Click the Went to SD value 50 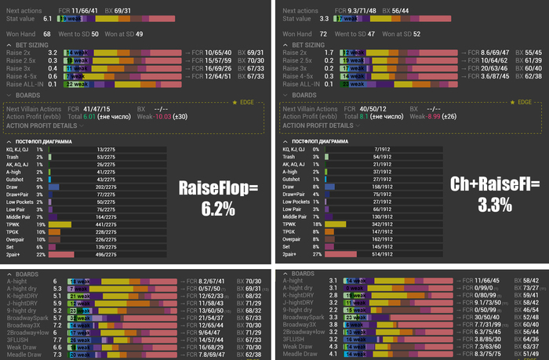click(x=96, y=35)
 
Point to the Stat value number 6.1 click(x=47, y=16)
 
